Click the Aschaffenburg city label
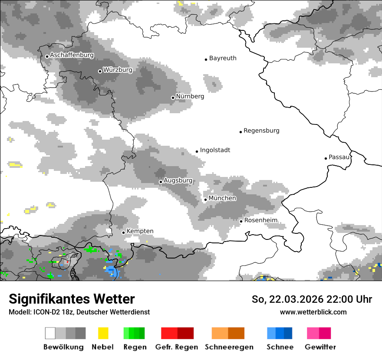[72, 56]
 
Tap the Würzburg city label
[118, 70]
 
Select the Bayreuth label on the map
[223, 58]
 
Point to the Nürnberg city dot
[173, 98]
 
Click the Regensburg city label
[261, 131]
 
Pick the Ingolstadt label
[215, 150]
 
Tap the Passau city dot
[326, 158]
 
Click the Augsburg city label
[178, 180]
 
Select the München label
[222, 198]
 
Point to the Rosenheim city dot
[241, 221]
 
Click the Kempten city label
[140, 231]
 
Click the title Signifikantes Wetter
[72, 299]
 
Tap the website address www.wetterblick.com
[313, 312]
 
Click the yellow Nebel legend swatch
[103, 333]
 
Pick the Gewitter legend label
[320, 347]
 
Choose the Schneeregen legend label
[229, 347]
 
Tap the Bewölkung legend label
[63, 347]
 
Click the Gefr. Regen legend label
[177, 347]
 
